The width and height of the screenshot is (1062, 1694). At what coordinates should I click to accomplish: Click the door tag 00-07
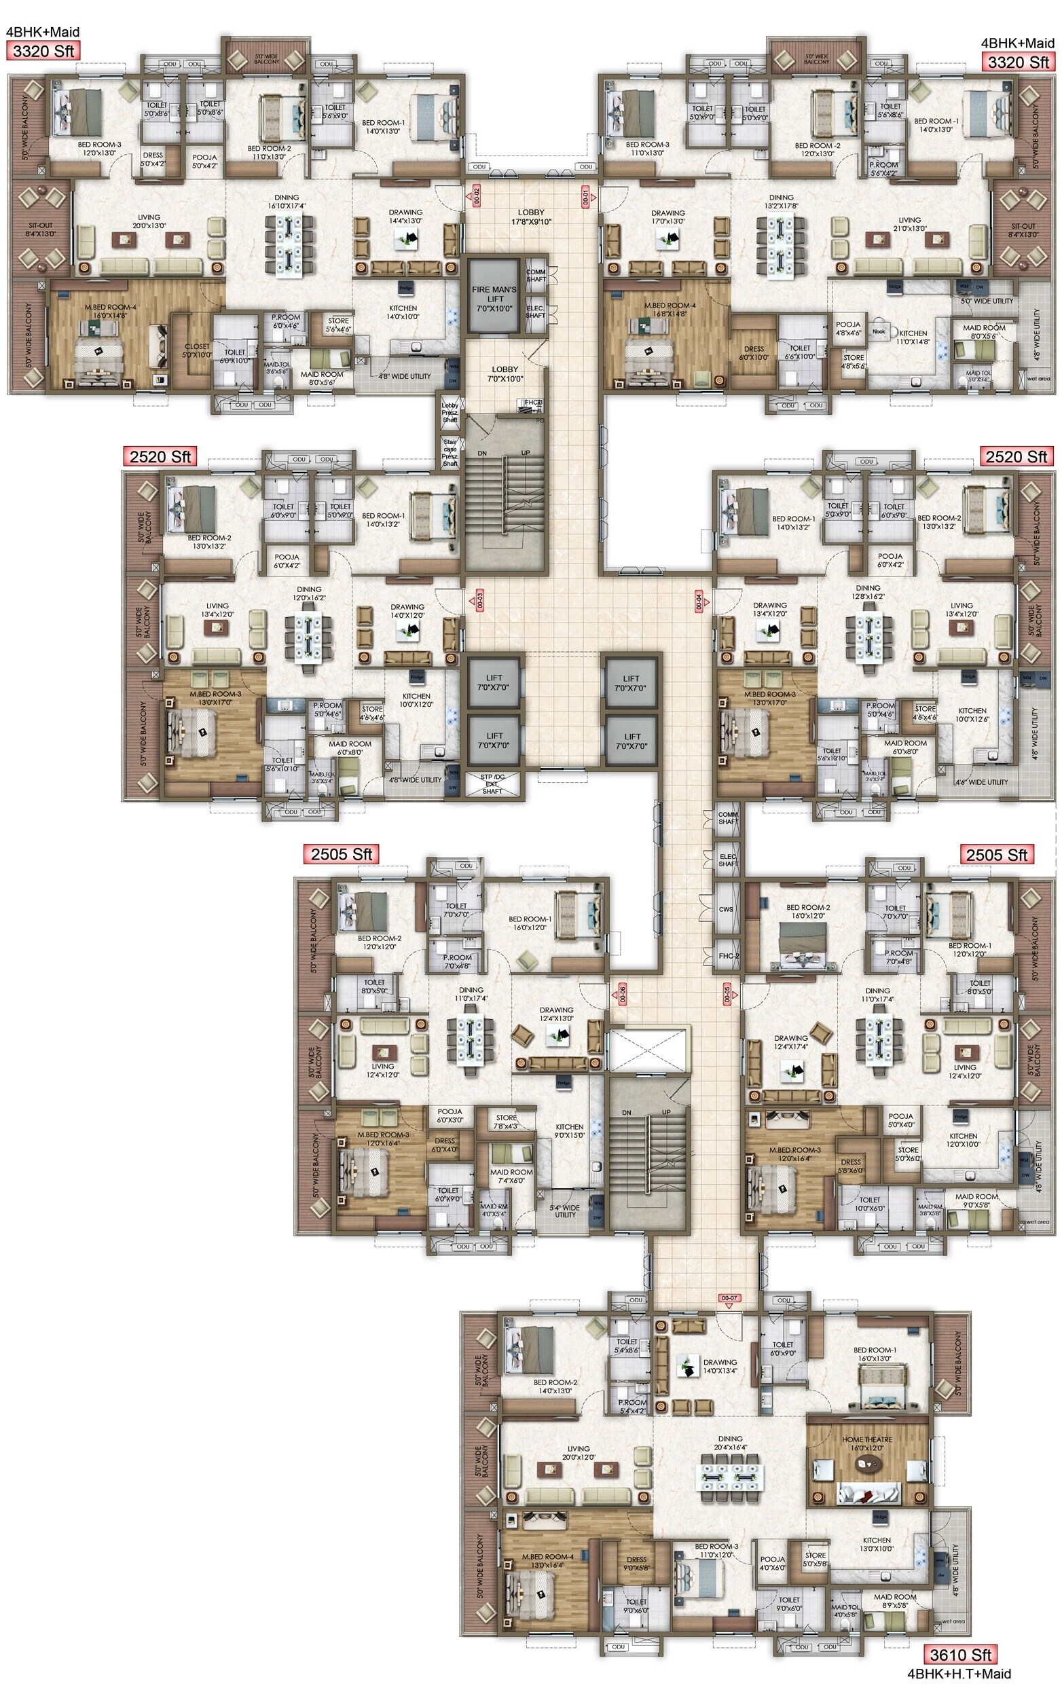(x=729, y=1298)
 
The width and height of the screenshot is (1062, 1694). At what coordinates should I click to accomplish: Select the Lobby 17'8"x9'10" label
(x=531, y=217)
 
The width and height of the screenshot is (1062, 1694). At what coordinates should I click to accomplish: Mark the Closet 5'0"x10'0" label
(x=198, y=350)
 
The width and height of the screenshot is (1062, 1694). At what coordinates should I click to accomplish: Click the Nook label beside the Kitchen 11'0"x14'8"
(x=879, y=331)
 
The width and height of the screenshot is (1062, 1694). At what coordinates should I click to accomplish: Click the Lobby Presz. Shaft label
(x=450, y=412)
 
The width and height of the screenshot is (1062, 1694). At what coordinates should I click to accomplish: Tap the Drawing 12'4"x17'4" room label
(x=790, y=1042)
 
